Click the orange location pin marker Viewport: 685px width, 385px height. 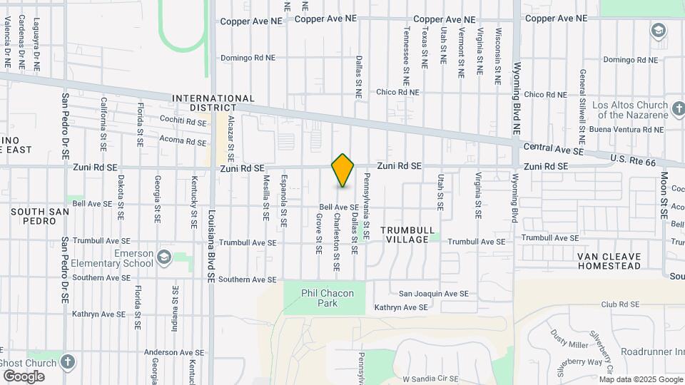[x=342, y=170]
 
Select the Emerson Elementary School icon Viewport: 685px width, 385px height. [x=164, y=256]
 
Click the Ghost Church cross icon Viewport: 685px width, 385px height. [x=68, y=361]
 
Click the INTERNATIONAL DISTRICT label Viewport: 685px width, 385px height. [x=213, y=103]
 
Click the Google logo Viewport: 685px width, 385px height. [x=24, y=376]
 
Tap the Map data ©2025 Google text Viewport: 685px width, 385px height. [x=640, y=379]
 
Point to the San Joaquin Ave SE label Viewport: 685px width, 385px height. [x=433, y=294]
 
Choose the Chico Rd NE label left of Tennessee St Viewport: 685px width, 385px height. [x=397, y=92]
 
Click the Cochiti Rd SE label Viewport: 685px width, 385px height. [x=183, y=123]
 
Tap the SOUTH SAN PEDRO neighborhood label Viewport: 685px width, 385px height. [x=40, y=216]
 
